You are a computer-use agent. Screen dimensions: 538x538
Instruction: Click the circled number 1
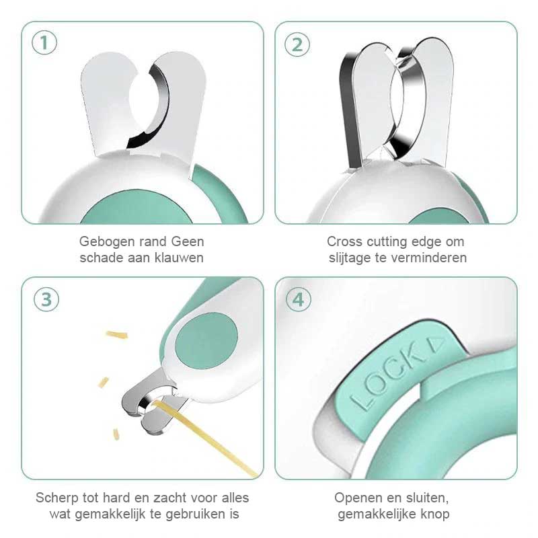click(x=44, y=43)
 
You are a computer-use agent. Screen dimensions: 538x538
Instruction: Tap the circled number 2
click(x=297, y=44)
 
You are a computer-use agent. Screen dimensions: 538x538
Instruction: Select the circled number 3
click(x=46, y=299)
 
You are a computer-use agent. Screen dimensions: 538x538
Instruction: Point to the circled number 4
click(x=298, y=299)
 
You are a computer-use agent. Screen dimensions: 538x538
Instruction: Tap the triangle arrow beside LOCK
click(x=437, y=345)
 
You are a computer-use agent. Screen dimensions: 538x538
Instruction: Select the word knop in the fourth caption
click(x=436, y=514)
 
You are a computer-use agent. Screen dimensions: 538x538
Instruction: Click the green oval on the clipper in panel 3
click(x=206, y=341)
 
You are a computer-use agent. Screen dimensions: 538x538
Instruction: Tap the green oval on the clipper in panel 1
click(x=137, y=207)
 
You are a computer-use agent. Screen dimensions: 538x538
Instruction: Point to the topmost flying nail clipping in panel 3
click(x=116, y=334)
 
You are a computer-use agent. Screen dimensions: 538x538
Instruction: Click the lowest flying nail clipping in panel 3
click(x=116, y=434)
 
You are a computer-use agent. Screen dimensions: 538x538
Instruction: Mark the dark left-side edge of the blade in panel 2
click(x=350, y=110)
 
